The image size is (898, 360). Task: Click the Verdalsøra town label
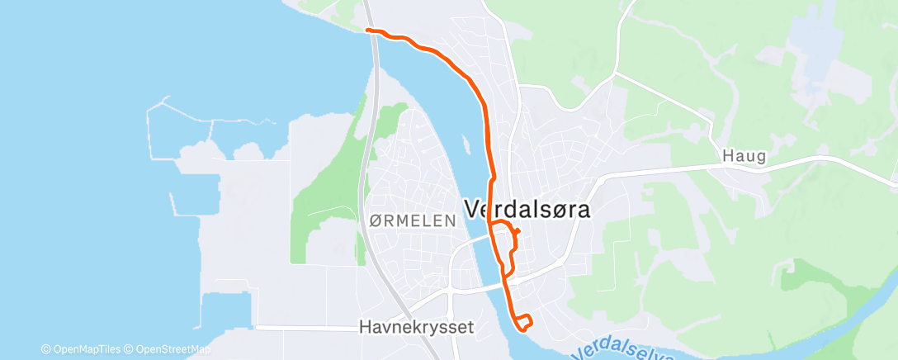[528, 210]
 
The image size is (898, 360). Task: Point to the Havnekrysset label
[417, 327]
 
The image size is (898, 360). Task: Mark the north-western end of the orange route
[367, 31]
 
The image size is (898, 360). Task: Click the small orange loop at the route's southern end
[523, 324]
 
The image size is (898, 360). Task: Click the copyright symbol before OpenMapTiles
[46, 348]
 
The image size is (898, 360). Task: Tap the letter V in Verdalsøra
[473, 210]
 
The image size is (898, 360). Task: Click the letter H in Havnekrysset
[365, 327]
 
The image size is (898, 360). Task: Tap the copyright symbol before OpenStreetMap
[129, 348]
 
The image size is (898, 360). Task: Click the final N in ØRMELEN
[451, 220]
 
